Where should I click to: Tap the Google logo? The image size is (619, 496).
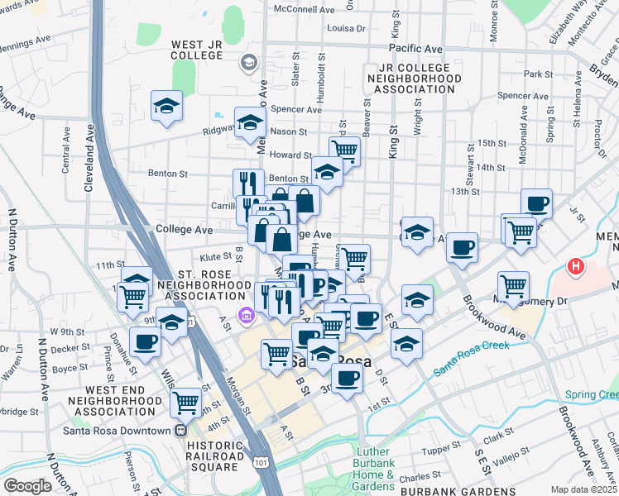[27, 486]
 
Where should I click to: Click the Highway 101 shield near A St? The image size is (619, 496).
[262, 455]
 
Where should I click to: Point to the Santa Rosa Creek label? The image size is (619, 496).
[474, 356]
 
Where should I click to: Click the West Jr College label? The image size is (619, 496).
[196, 50]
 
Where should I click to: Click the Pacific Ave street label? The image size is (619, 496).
[419, 50]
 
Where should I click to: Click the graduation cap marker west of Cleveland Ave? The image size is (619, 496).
[166, 106]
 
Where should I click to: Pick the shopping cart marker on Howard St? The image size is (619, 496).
[344, 150]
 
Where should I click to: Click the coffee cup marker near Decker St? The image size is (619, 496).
[145, 341]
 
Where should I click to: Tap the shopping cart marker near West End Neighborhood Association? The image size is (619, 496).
[186, 403]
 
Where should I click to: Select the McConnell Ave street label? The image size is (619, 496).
[306, 10]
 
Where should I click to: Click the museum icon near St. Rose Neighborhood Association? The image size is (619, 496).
[245, 315]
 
